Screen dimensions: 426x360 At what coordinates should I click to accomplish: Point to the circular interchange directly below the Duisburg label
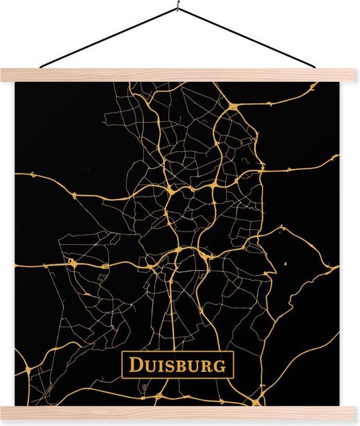[160, 395]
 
